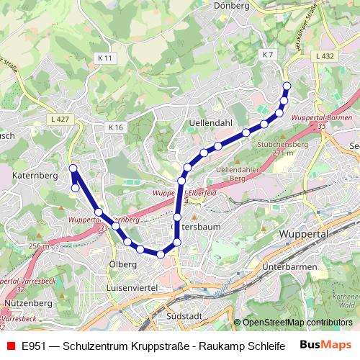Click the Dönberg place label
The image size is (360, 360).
pos(233,5)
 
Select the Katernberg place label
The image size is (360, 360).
pos(35,175)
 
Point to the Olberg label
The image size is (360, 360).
pos(122,264)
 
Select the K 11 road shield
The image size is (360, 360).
pos(104,57)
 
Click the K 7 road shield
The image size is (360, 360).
pos(269,55)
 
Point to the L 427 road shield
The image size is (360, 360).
pos(59,119)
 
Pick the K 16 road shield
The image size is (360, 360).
pos(117,127)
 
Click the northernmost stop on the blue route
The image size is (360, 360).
pos(287,86)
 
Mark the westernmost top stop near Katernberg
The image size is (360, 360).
pos(73,168)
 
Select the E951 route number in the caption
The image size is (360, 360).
pos(33,346)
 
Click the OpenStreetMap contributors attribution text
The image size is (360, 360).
pos(297,323)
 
